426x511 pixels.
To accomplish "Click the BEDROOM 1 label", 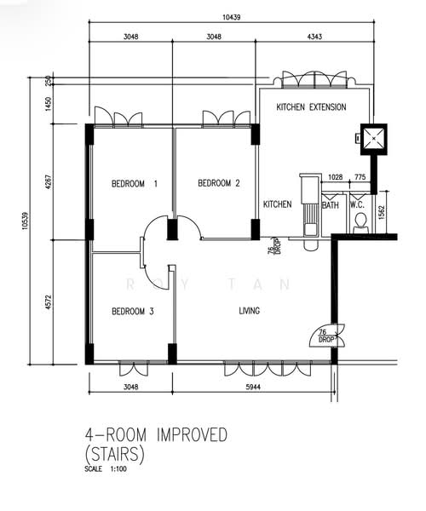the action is [x=135, y=184].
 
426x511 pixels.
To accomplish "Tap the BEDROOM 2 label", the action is [x=219, y=183].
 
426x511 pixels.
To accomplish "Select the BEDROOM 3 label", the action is [x=133, y=311].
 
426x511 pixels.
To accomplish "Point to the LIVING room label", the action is [x=250, y=311].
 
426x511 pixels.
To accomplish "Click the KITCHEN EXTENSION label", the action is [x=311, y=107].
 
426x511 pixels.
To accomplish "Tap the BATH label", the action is [x=331, y=205].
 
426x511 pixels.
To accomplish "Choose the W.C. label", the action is [x=358, y=205].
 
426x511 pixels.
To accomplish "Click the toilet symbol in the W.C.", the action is [x=360, y=223].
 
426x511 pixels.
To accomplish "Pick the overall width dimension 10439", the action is [x=232, y=17].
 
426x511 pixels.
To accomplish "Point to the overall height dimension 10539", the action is [x=26, y=221].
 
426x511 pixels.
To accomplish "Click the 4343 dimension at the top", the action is [x=314, y=37].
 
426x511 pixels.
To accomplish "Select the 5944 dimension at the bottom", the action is [x=253, y=387].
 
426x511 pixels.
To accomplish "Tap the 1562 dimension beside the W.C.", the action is [x=382, y=212].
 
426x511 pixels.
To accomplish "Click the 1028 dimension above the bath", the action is [x=335, y=177].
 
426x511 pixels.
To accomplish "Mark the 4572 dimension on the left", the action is [x=49, y=301].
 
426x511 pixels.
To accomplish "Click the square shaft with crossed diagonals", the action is [x=374, y=139].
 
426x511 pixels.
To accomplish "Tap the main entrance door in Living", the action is [x=326, y=336].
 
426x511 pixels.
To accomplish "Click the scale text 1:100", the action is [x=118, y=469].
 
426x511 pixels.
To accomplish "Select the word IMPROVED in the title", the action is [x=192, y=434].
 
